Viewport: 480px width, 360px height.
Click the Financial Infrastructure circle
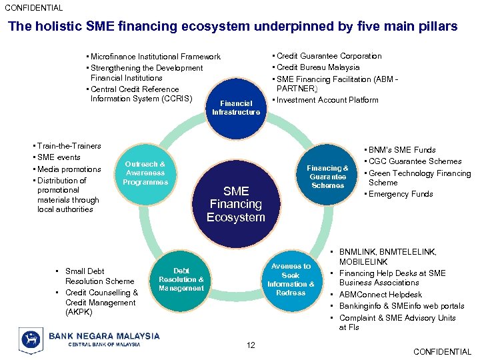pyautogui.click(x=236, y=107)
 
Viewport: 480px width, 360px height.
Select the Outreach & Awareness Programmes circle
pyautogui.click(x=145, y=173)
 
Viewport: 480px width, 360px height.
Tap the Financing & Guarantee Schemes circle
pyautogui.click(x=327, y=177)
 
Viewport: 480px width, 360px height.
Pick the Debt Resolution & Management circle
pyautogui.click(x=181, y=280)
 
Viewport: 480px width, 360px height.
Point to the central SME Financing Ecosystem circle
pyautogui.click(x=236, y=203)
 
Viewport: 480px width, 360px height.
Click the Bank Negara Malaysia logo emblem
pyautogui.click(x=31, y=339)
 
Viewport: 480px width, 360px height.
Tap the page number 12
pyautogui.click(x=250, y=345)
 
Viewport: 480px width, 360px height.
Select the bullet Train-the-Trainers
pyautogui.click(x=69, y=146)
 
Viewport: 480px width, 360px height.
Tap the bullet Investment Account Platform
pyautogui.click(x=327, y=100)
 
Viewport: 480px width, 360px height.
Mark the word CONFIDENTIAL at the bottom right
pyautogui.click(x=442, y=352)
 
